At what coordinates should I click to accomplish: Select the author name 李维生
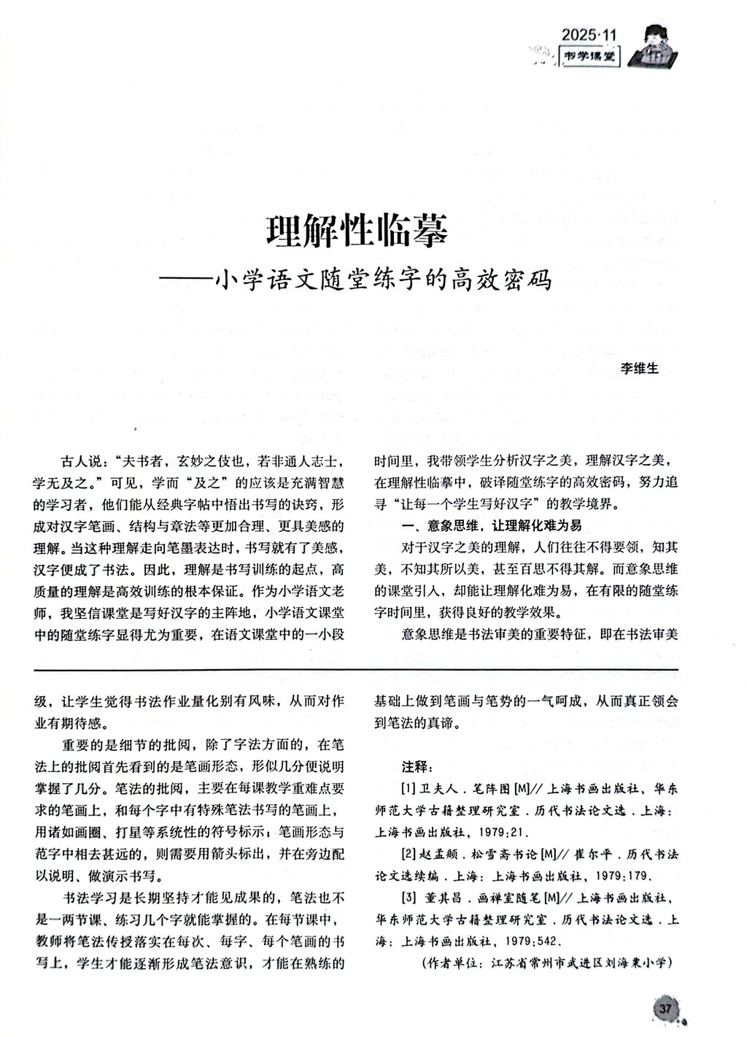[639, 369]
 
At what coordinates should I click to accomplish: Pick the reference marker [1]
[409, 790]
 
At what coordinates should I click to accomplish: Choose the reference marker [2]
[409, 854]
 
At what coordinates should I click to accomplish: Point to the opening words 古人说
[79, 463]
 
